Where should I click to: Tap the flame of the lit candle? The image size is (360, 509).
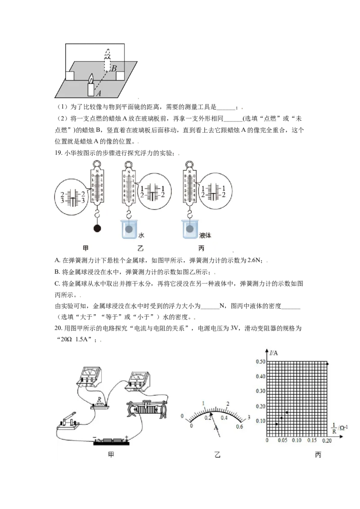91,78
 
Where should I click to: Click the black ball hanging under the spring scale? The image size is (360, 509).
97,228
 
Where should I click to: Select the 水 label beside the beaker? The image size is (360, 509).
141,235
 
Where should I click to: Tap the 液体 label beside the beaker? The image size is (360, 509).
205,235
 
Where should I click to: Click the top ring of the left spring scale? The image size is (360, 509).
97,164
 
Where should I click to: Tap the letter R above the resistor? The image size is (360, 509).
99,400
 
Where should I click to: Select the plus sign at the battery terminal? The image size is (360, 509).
127,437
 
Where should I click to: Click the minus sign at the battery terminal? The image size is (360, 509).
95,437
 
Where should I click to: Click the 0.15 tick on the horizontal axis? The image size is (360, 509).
310,440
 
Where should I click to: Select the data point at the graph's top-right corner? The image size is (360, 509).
327,363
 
